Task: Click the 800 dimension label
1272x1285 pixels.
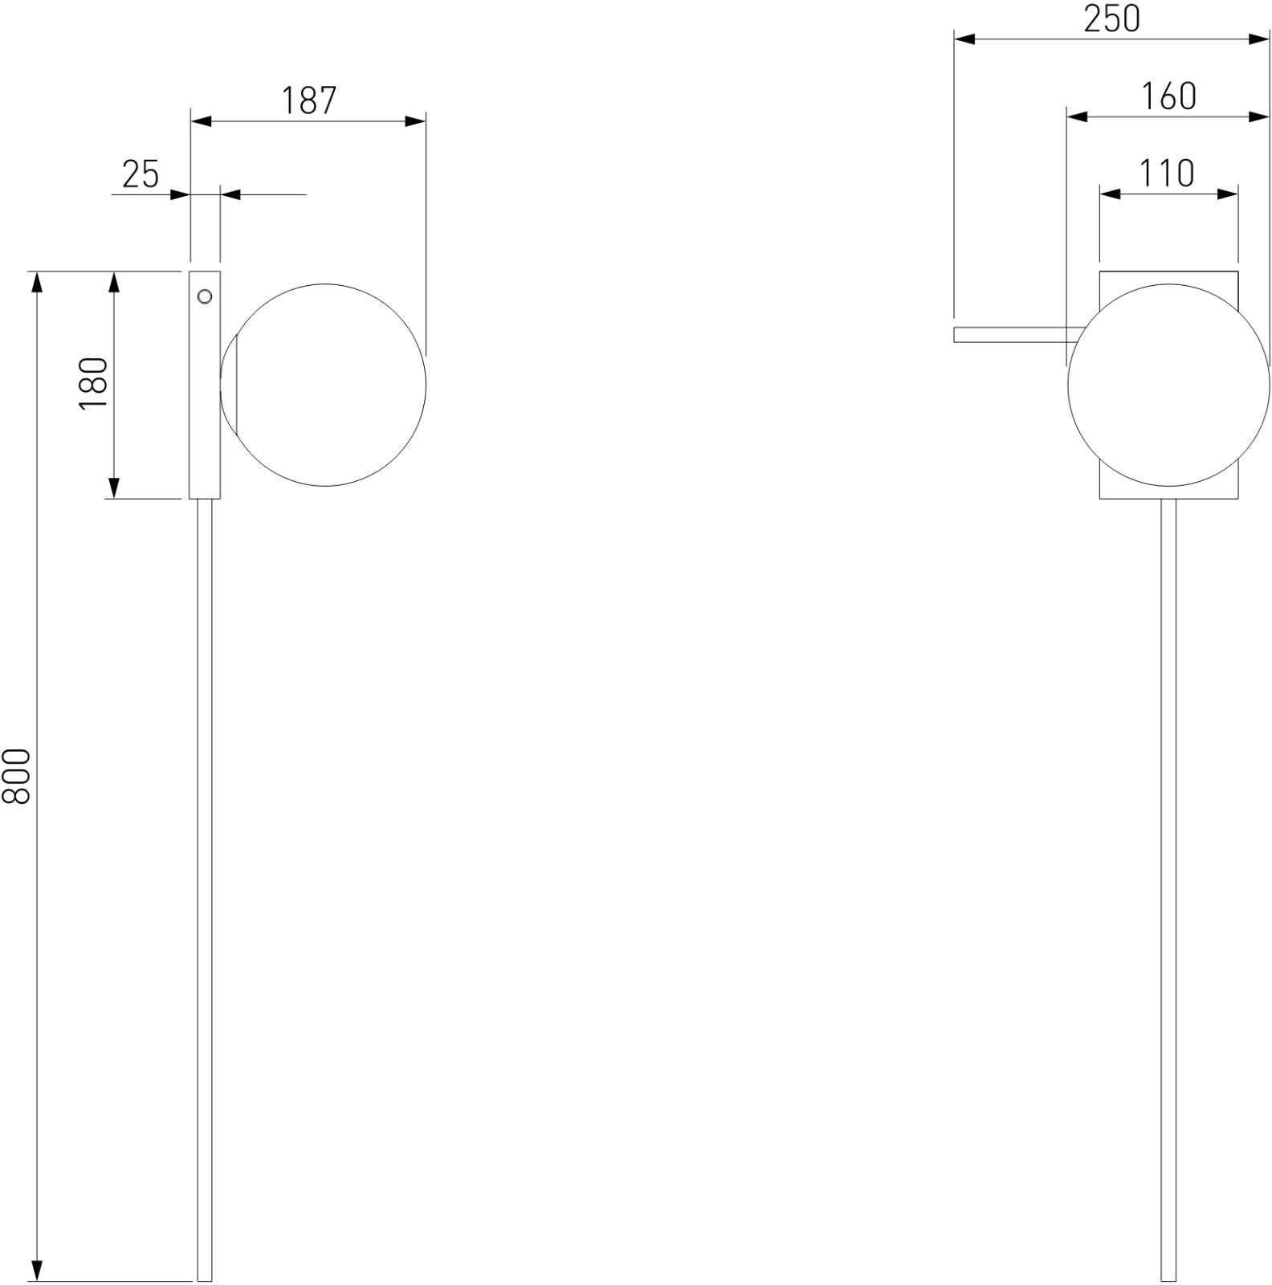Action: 17,776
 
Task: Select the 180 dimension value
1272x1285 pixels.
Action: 93,383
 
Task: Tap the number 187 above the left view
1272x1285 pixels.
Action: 309,100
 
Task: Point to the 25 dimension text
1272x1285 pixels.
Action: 141,174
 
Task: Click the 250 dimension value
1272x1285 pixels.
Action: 1111,18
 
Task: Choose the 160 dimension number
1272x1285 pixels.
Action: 1168,96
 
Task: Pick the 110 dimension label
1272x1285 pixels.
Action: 1168,173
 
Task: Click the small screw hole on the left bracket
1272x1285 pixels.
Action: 205,297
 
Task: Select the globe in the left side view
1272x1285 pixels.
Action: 324,385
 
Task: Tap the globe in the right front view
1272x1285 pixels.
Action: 1169,385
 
